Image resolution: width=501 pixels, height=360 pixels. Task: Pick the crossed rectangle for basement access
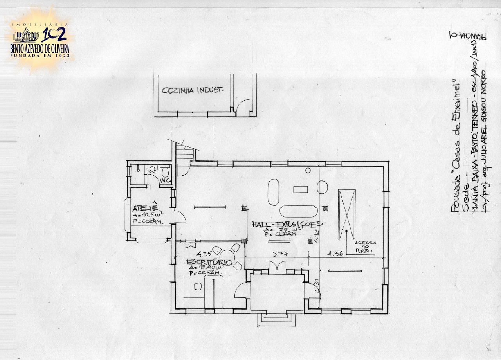[x=347, y=214]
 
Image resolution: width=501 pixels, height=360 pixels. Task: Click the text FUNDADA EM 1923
[x=41, y=56]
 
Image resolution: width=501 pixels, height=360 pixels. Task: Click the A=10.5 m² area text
[x=148, y=215]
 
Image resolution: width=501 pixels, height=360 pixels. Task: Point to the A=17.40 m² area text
[x=207, y=268]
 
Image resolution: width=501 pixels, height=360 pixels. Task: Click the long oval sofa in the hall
[x=299, y=211]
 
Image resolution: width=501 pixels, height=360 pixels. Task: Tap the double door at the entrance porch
[x=278, y=266]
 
